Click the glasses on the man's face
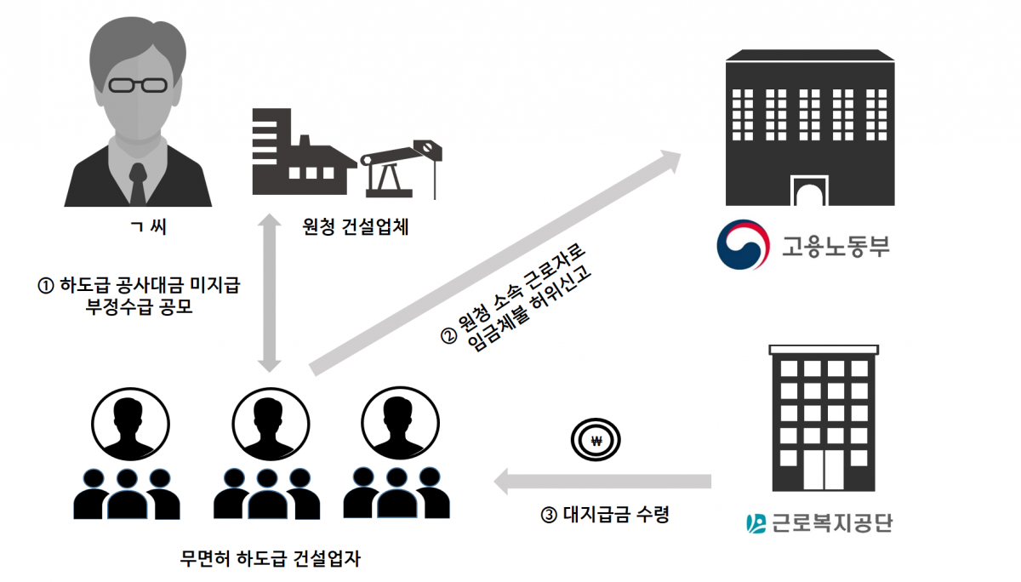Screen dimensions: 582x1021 pyautogui.click(x=137, y=85)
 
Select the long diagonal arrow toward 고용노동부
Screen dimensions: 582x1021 pyautogui.click(x=493, y=264)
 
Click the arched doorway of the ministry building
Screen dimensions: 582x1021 pyautogui.click(x=809, y=189)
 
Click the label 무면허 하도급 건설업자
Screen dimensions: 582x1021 pyautogui.click(x=269, y=560)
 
